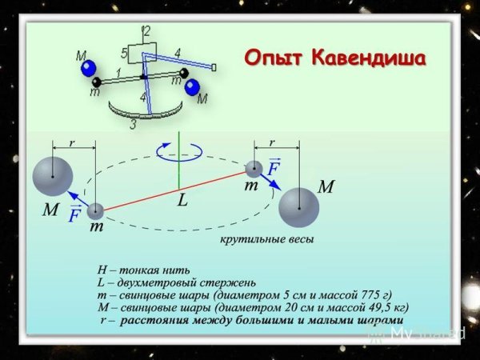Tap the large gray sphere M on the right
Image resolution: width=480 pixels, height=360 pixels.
coord(299,208)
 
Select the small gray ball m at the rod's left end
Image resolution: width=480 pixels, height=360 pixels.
coord(96,211)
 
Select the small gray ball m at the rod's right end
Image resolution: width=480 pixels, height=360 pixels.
coord(254,169)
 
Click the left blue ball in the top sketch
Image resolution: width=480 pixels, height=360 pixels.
coord(90,68)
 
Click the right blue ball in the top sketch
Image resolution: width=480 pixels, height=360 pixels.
coord(192,86)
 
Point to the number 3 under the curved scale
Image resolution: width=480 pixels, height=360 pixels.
coord(133,125)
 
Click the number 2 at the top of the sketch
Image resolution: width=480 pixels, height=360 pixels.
coord(146,31)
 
